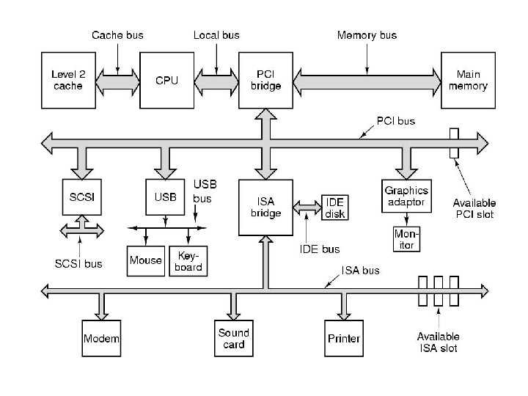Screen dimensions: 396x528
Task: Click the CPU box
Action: coord(166,80)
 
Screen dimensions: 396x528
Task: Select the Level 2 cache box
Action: coord(67,80)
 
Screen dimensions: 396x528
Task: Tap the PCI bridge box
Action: coord(265,80)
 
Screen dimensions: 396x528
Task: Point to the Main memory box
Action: coord(472,80)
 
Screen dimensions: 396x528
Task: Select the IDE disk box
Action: coord(335,208)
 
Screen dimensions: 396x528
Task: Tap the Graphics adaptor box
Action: coord(406,196)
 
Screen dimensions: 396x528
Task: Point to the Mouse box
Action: coord(145,260)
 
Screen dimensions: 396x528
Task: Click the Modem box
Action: coord(101,338)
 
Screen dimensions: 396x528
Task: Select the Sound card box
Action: coord(234,338)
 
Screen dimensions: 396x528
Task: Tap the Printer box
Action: coord(343,338)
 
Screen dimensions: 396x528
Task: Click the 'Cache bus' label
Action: coord(117,34)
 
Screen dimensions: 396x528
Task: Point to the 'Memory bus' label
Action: coord(367,34)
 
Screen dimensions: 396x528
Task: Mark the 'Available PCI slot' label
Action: coord(474,208)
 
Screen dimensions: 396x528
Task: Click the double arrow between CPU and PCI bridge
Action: coord(216,80)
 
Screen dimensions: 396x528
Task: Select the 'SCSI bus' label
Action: coord(78,263)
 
